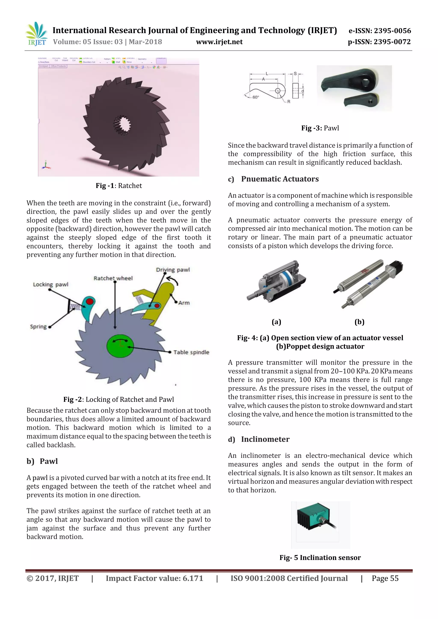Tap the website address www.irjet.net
219,42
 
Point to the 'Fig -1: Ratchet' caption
119,186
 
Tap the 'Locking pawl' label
50,284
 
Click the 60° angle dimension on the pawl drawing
255,97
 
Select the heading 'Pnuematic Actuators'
280,179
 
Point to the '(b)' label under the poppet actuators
359,322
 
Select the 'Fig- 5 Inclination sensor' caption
320,557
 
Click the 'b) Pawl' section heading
42,461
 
